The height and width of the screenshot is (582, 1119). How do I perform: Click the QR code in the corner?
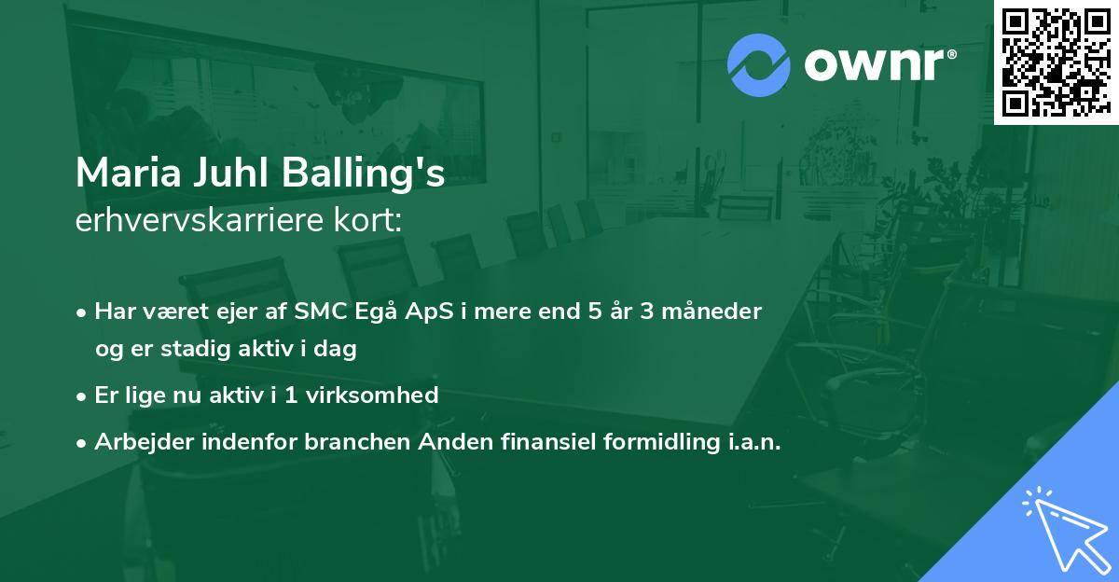1056,62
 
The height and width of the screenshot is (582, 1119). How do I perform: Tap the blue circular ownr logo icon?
758,65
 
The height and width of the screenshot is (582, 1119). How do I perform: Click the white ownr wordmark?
880,65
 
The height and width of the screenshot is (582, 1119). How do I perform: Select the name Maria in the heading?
128,173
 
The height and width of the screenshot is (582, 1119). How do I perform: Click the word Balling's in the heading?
363,173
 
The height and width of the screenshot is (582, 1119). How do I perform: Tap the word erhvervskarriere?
200,220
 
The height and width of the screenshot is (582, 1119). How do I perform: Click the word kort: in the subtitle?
368,220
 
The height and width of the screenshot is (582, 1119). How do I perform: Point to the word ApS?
429,312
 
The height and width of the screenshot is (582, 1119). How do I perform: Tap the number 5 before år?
595,312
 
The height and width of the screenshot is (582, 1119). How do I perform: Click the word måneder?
711,312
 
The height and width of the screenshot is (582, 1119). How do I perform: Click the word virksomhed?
372,395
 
